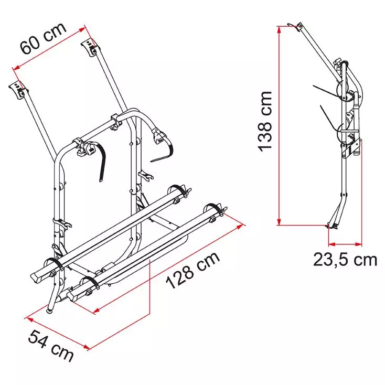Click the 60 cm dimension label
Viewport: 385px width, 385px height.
point(43,38)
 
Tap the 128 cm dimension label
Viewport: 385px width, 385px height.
point(193,270)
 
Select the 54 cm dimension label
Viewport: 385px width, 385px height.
point(50,346)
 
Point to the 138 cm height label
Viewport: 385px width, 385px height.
point(265,121)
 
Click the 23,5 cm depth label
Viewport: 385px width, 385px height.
point(345,259)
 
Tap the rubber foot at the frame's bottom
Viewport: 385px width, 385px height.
point(50,311)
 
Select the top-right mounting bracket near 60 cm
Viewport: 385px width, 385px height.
point(90,47)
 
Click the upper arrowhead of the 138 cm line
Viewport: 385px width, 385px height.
point(279,29)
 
